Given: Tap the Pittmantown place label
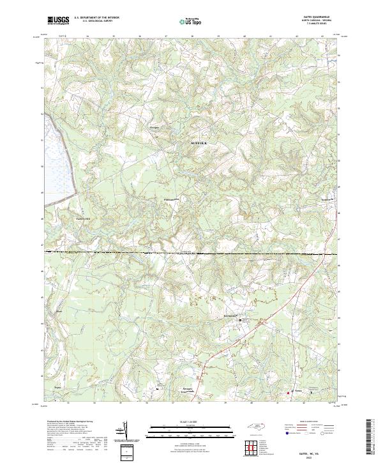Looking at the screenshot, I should tap(169, 199).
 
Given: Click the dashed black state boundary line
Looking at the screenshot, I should tap(191, 253).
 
